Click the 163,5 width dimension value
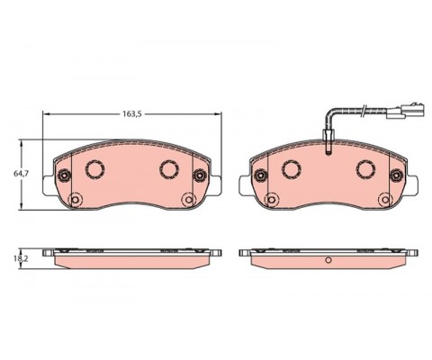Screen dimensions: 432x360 (131, 113)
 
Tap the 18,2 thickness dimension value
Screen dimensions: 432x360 (23, 258)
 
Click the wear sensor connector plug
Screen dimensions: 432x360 (406, 112)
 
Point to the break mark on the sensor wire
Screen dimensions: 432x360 (364, 111)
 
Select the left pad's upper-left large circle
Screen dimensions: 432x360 (95, 169)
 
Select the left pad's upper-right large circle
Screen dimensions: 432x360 (169, 169)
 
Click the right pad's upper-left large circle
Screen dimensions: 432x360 (292, 169)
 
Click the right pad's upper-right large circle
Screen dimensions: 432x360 (365, 169)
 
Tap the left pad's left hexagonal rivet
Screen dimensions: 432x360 (64, 175)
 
